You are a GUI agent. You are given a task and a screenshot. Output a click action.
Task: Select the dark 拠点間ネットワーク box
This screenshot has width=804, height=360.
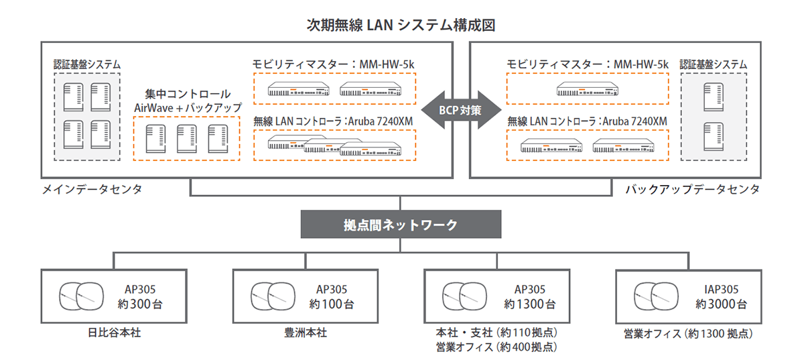400,225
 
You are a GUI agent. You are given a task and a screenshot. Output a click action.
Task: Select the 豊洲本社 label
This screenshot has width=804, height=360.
305,333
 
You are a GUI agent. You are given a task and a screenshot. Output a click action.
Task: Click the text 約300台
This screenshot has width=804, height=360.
140,304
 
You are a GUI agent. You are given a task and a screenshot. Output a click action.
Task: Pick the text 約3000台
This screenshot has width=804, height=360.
721,304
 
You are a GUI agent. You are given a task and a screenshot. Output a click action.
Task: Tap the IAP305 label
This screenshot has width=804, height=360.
722,290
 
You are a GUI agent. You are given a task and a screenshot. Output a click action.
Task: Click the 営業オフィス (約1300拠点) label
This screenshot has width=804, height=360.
687,333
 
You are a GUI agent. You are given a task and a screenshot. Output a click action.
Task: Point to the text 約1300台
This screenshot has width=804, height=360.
530,304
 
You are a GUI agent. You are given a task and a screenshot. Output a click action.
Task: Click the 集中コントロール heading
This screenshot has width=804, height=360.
188,94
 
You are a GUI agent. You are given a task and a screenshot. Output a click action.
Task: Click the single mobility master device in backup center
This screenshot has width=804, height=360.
588,89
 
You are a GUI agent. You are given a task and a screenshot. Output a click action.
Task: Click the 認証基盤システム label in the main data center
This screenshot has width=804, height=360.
87,64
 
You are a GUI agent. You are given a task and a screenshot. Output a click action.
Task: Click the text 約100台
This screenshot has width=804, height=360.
332,304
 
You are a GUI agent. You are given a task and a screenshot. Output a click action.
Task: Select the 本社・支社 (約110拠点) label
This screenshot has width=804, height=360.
496,333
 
